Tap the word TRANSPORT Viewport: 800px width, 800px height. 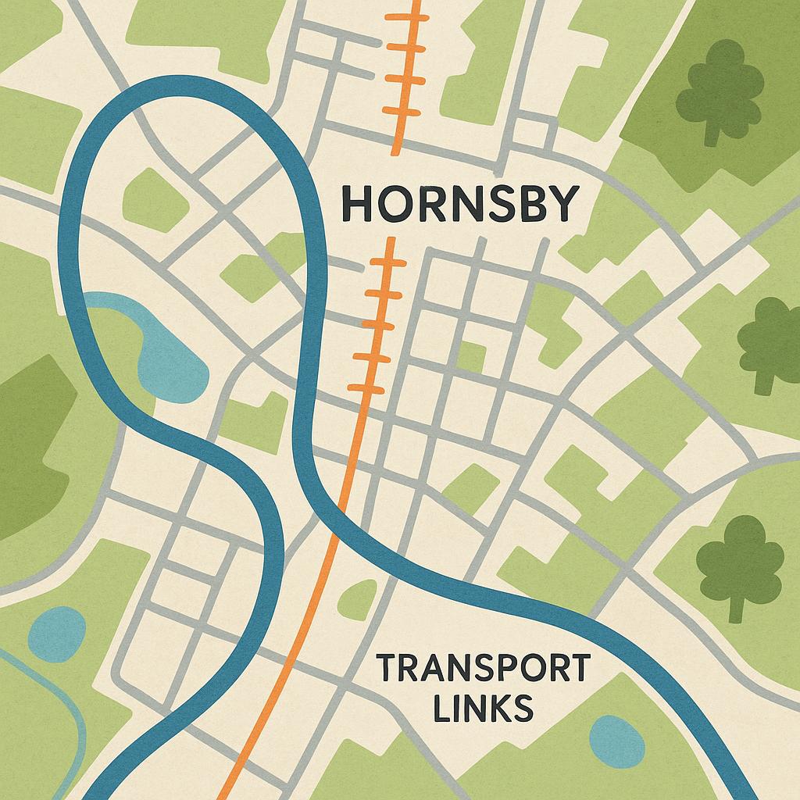[x=483, y=670]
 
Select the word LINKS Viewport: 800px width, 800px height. [x=482, y=709]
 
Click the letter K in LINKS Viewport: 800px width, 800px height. [x=500, y=709]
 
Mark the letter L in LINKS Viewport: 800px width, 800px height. [x=442, y=709]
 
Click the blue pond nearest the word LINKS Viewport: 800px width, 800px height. [x=616, y=740]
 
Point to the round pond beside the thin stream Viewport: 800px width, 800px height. [x=56, y=634]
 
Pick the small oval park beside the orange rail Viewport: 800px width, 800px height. [x=358, y=599]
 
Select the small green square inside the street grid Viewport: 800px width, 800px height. [x=471, y=356]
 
